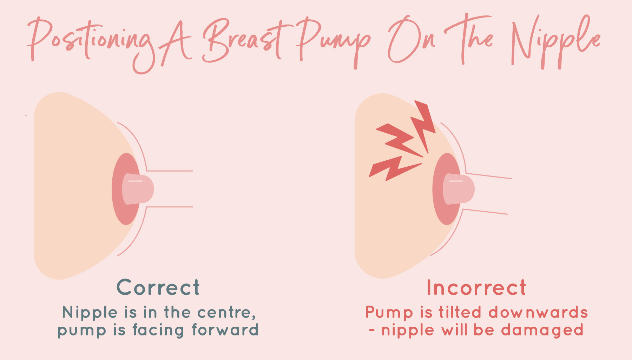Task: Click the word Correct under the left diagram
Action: coord(158,287)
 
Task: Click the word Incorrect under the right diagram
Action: coord(476,288)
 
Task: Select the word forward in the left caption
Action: coord(225,330)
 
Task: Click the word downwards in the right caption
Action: coord(538,312)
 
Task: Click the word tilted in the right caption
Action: coord(460,312)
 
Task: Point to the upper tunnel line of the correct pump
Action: coord(170,171)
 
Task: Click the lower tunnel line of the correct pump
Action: coord(170,207)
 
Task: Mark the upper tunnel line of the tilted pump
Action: coord(489,176)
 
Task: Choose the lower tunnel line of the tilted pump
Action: coord(485,211)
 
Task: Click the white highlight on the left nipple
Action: coord(135,181)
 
